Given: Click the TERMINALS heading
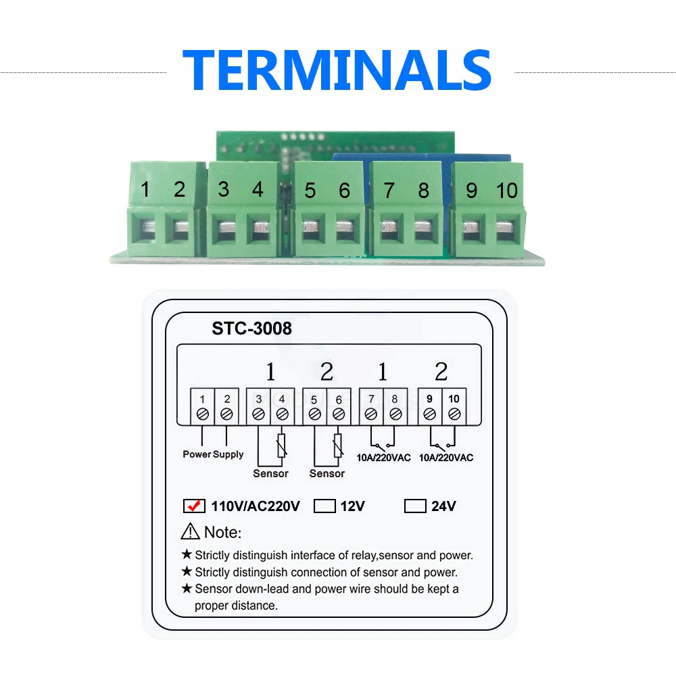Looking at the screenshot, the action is point(337,70).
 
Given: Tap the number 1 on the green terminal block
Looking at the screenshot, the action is point(145,189).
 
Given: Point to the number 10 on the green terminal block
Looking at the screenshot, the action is point(506,191).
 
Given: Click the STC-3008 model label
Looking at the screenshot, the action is point(251,329).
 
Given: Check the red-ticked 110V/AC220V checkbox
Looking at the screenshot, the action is point(194,506).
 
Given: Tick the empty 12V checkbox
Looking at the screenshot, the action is point(324,506).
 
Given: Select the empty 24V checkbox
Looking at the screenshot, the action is point(415,506).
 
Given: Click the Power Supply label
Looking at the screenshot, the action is point(213,454).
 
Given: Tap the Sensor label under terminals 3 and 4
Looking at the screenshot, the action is point(271,473).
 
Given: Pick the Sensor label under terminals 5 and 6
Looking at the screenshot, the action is point(327,473).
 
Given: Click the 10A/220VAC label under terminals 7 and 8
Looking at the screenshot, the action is point(383,458).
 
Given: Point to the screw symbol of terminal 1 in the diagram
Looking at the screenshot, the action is point(203,414).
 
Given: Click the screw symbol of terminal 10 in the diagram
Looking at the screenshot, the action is point(454,414).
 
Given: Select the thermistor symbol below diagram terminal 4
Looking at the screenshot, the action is point(281,445).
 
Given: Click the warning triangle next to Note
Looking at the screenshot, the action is point(190,531).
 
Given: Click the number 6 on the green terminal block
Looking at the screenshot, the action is point(345,191).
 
